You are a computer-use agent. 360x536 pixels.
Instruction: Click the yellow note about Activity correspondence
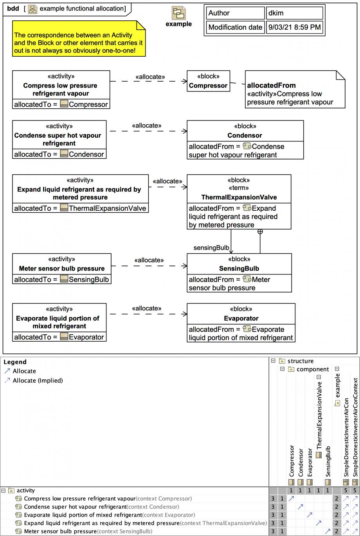(79, 39)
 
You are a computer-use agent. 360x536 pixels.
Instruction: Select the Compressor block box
(209, 81)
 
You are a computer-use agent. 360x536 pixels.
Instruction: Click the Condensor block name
(245, 135)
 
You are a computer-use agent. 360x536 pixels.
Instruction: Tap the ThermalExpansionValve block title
(239, 197)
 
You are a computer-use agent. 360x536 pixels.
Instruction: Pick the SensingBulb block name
(239, 269)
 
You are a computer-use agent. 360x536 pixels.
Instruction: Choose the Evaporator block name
(241, 318)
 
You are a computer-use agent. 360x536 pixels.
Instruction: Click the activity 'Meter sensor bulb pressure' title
(62, 269)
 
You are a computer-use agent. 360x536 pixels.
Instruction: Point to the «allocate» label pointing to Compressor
(150, 77)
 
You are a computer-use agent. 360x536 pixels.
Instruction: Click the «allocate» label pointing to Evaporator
(147, 308)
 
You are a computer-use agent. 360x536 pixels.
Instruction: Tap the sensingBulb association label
(211, 247)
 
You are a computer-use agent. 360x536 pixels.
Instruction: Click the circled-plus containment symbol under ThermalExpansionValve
(260, 231)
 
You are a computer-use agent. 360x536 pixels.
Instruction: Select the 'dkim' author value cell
(294, 13)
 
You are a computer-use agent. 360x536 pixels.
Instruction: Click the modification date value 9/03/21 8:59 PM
(294, 27)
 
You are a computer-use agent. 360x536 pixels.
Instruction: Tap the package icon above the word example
(178, 13)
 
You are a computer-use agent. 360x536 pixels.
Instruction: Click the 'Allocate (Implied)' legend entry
(34, 380)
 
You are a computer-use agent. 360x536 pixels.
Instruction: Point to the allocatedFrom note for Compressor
(295, 89)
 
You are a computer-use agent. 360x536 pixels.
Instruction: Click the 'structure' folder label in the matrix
(301, 361)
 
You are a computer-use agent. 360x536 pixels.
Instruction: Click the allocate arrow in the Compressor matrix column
(291, 498)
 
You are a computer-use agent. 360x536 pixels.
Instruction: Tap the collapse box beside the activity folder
(4, 491)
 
